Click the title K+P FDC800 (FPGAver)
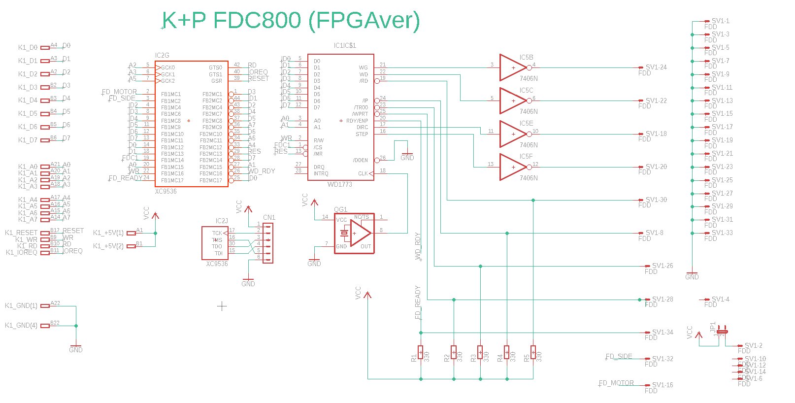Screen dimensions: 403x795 291,21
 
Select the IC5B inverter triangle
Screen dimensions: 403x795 512,67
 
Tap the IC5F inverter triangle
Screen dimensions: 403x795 512,167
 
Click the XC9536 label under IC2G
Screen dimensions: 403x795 166,191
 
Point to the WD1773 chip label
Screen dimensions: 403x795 340,184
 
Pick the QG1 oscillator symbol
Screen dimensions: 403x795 354,234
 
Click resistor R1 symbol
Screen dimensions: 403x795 420,353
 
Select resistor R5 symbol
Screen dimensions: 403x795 533,353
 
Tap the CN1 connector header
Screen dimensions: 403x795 267,243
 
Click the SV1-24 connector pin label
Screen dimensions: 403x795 656,67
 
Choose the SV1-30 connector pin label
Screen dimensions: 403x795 656,200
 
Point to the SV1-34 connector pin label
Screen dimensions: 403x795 662,333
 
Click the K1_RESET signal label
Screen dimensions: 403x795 21,233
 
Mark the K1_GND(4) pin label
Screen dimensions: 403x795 21,326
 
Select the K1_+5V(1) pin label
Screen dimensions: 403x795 108,233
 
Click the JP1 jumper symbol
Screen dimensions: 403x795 722,330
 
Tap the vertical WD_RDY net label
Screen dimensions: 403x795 418,246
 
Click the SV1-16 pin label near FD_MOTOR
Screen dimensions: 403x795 662,385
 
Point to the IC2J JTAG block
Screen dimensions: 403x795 215,243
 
